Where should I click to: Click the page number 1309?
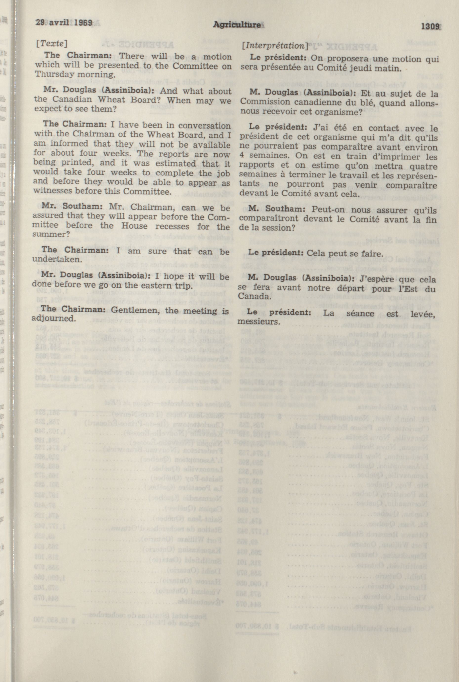[x=430, y=26]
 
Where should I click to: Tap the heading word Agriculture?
[x=237, y=25]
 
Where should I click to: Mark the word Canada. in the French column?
[x=253, y=296]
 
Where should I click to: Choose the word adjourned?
[x=53, y=318]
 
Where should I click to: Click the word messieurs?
[x=259, y=322]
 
